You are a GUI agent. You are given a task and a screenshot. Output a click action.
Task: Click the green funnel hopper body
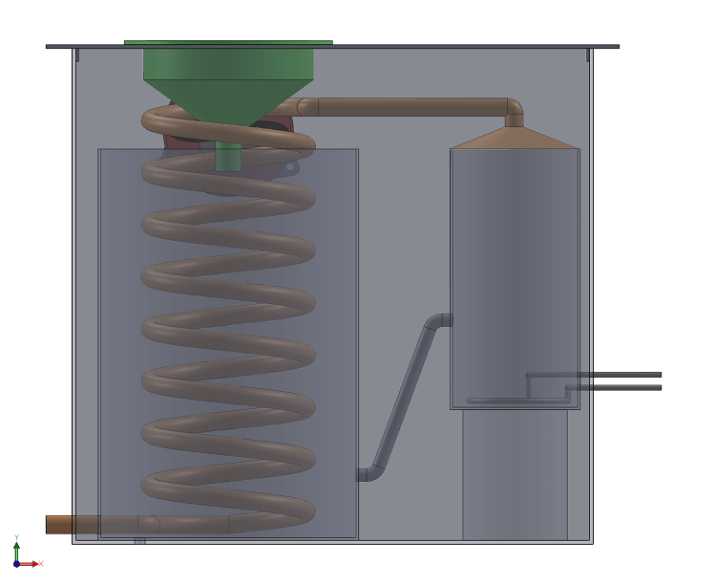[228, 76]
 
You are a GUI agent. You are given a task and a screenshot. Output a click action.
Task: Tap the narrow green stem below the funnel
[228, 155]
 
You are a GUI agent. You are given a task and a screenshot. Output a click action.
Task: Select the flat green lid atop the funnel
[228, 42]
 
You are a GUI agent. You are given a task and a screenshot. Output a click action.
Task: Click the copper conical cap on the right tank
[515, 139]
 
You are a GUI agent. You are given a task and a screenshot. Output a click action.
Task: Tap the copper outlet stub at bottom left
[72, 524]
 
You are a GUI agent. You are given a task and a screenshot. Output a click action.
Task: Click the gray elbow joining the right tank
[440, 320]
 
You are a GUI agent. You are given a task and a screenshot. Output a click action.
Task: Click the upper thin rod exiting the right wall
[620, 374]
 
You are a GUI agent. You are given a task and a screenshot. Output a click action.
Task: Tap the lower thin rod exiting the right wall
[620, 387]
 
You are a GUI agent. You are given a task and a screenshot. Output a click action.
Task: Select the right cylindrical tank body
[515, 268]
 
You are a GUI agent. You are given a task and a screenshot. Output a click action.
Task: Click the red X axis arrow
[35, 564]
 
